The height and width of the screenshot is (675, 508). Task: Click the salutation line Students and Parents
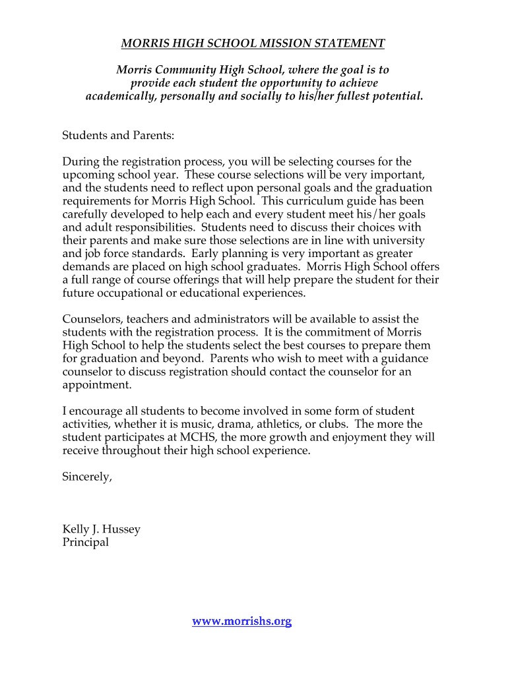(118, 135)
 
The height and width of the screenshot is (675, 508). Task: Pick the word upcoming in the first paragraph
(88, 175)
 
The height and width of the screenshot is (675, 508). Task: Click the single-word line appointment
(97, 385)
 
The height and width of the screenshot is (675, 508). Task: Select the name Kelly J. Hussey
(101, 529)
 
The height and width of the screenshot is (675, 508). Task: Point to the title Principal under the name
(85, 542)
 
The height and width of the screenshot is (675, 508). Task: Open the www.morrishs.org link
(241, 621)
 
